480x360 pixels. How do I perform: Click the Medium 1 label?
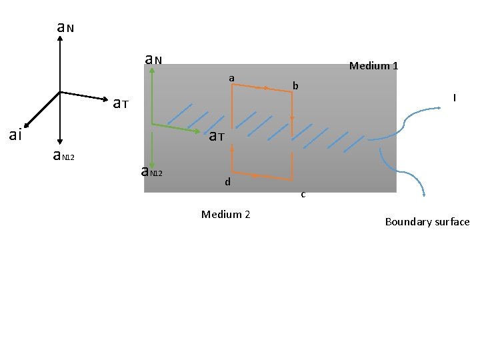coord(373,66)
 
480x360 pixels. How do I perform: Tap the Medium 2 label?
coord(225,214)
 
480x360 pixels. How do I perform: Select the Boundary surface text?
coord(427,222)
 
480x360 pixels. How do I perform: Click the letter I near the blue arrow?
coord(454,98)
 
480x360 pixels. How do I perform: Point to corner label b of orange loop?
coord(296,85)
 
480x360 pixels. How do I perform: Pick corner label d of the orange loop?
coord(227,181)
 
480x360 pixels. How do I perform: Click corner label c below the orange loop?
coord(303,195)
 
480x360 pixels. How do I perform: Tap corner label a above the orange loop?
coord(231,79)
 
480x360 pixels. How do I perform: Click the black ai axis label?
coord(15,135)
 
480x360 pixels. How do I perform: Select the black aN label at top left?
coord(65,27)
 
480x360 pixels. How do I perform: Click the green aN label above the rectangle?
coord(153,60)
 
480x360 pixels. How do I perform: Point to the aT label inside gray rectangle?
coord(216,137)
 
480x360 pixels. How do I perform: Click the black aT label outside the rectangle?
coord(120,103)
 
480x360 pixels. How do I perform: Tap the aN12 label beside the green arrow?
coord(152,172)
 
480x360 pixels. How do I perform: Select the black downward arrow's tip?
coord(60,141)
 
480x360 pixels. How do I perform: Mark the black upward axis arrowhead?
coord(60,37)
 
